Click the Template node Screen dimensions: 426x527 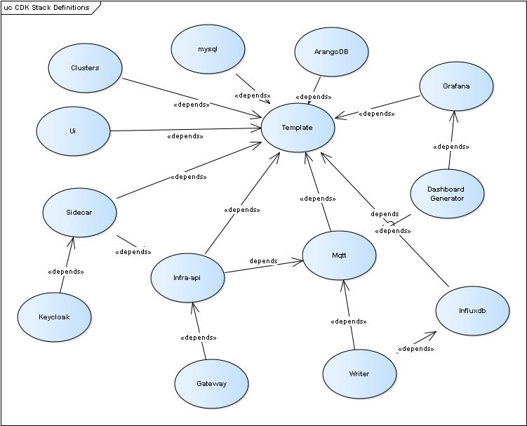point(298,127)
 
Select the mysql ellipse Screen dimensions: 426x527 point(208,49)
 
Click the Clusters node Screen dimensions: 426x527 point(85,68)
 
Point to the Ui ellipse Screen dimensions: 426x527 point(73,131)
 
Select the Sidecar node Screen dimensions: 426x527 point(79,212)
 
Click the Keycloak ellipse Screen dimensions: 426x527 point(54,317)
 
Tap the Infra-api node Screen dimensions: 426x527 point(187,277)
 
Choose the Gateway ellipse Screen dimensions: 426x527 point(211,384)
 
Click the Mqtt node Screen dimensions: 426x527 point(339,255)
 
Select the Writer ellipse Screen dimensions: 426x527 point(359,374)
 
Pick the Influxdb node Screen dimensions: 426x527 point(472,310)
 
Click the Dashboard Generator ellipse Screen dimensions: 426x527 point(446,194)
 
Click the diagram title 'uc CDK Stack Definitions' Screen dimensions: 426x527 point(47,8)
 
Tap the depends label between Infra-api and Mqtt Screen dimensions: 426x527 point(263,261)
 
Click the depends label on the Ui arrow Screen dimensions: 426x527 point(185,136)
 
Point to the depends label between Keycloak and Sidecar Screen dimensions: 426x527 point(66,271)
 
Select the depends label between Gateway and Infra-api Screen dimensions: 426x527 point(199,338)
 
